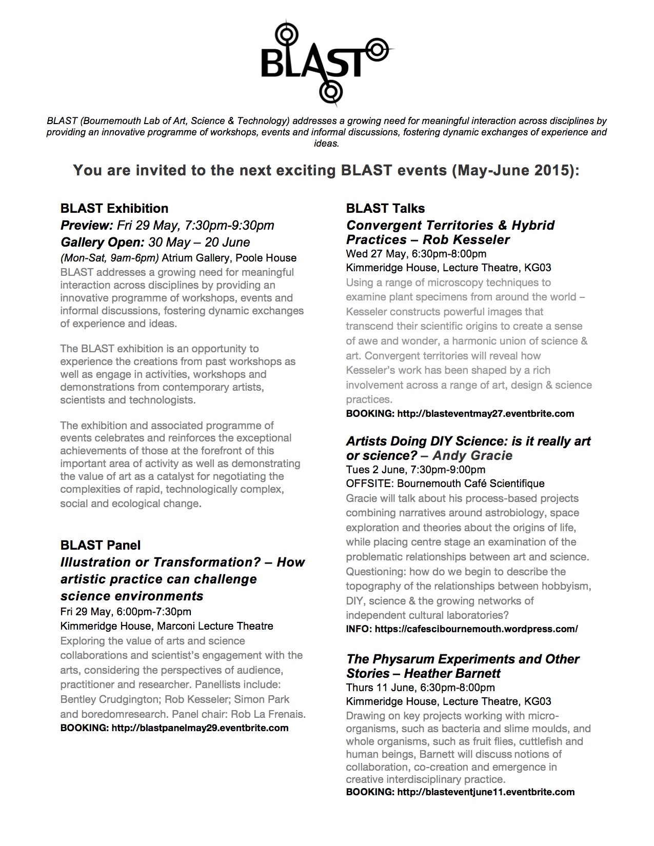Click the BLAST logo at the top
tap(327, 62)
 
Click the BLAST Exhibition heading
tap(114, 208)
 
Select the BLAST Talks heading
tap(385, 208)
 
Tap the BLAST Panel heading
tap(100, 545)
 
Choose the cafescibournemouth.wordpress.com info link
tap(476, 629)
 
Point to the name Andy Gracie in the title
tap(472, 455)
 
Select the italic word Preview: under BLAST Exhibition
tap(87, 225)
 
